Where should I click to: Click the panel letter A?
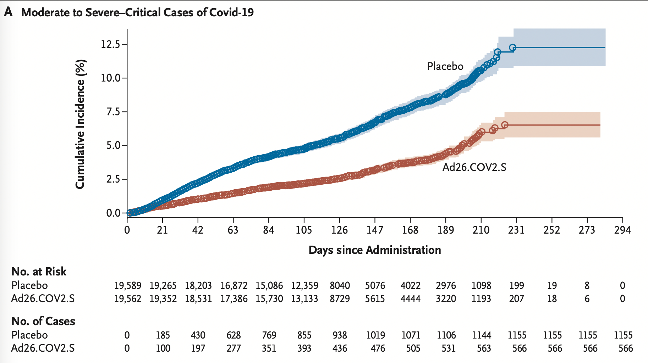[x=8, y=12]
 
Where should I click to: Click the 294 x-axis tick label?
[x=622, y=230]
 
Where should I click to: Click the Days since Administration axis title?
[x=375, y=250]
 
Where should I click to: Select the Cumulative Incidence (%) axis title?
[x=80, y=124]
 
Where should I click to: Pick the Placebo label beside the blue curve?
[x=445, y=66]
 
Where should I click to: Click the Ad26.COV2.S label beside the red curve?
[x=474, y=167]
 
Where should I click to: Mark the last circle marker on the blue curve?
[x=512, y=48]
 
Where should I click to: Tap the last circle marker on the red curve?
[x=505, y=125]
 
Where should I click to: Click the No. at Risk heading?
[x=39, y=272]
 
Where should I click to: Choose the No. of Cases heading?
[x=43, y=321]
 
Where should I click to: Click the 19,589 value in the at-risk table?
[x=127, y=285]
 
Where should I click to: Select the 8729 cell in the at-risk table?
[x=340, y=298]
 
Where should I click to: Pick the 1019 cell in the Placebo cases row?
[x=375, y=335]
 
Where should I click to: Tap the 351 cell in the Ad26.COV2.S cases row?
[x=269, y=348]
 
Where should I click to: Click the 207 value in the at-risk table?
[x=516, y=298]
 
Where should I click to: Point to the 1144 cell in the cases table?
[x=481, y=335]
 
